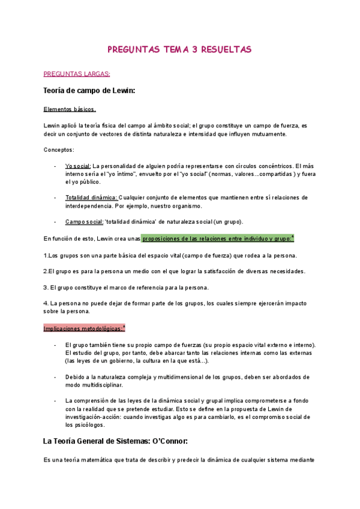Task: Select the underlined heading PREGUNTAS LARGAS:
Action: pyautogui.click(x=77, y=74)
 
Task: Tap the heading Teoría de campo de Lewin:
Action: pyautogui.click(x=89, y=91)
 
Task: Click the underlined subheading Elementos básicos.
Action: pyautogui.click(x=70, y=109)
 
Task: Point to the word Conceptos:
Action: pyautogui.click(x=59, y=149)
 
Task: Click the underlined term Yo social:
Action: pyautogui.click(x=78, y=166)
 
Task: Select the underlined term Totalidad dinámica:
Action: pyautogui.click(x=91, y=197)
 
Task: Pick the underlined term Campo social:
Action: pyautogui.click(x=84, y=221)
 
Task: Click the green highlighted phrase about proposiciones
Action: pyautogui.click(x=217, y=238)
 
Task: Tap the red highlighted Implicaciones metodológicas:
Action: pyautogui.click(x=84, y=328)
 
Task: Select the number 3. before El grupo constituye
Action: pyautogui.click(x=46, y=287)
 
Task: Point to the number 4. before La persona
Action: pyautogui.click(x=46, y=303)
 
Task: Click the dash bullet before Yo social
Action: pyautogui.click(x=55, y=166)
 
